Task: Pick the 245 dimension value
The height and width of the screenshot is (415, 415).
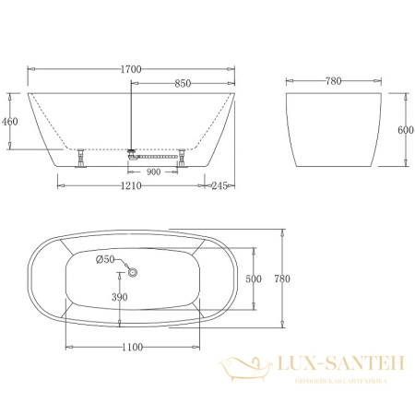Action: point(219,186)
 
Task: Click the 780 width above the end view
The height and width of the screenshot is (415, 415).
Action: point(333,81)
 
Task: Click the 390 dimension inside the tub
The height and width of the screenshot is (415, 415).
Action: point(120,298)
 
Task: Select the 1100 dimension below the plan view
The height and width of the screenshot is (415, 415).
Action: point(133,347)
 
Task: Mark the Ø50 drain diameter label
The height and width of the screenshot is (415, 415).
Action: point(105,259)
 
